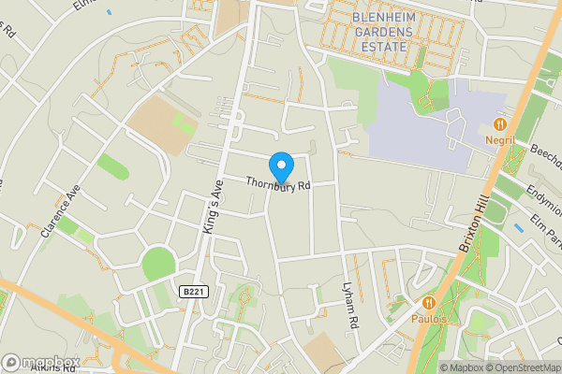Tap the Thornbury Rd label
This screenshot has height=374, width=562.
(278, 184)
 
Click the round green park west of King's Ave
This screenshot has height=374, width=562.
(158, 263)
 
